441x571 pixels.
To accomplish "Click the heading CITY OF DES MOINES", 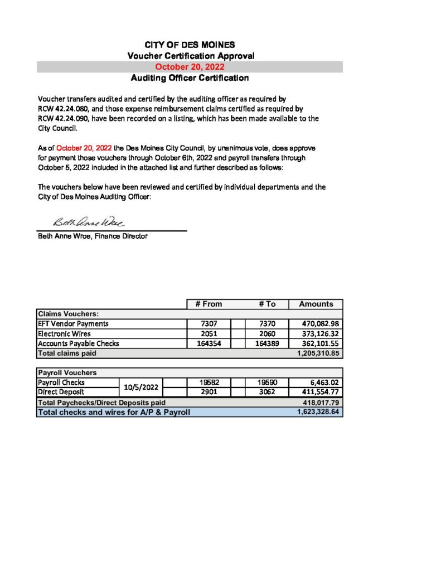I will click(190, 45).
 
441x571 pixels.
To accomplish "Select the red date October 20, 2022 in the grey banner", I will click(190, 67).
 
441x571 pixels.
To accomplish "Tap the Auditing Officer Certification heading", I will click(190, 78).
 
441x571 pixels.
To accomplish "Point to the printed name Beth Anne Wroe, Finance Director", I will click(92, 236).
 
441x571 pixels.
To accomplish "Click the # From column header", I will click(208, 304).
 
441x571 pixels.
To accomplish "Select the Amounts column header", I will click(316, 304).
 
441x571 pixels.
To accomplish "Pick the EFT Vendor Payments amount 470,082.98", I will click(316, 323).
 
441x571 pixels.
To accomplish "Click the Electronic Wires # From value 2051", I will click(208, 333).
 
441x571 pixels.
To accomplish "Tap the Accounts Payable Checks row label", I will click(78, 343).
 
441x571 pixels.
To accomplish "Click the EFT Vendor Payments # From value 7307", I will click(208, 323).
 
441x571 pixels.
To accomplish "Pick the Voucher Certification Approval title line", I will click(190, 56).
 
